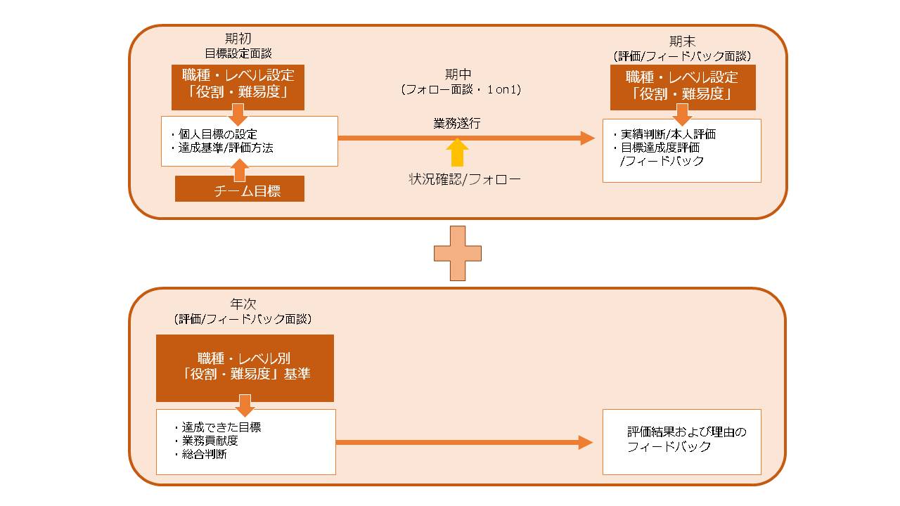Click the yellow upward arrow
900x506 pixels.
coord(457,153)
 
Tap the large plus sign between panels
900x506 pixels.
coord(458,254)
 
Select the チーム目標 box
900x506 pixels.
coord(240,189)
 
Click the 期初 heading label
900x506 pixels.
coord(238,39)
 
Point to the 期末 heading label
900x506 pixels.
coord(682,41)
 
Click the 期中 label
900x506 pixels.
coord(458,74)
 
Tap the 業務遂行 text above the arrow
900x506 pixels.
coord(457,123)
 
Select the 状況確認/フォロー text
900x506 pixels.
coord(465,179)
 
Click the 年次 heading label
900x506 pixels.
coord(243,304)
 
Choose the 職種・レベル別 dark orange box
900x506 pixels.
coord(245,368)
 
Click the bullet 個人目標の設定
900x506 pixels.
coord(214,134)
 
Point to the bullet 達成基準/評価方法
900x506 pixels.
coord(222,148)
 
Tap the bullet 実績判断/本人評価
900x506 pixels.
coord(664,134)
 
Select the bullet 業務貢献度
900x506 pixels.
coord(207,441)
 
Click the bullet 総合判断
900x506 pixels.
coord(201,454)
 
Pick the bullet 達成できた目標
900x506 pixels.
coord(218,427)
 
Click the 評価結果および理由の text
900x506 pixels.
coord(687,432)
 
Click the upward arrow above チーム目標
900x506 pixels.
coord(240,170)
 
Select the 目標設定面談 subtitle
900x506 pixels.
coord(238,53)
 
